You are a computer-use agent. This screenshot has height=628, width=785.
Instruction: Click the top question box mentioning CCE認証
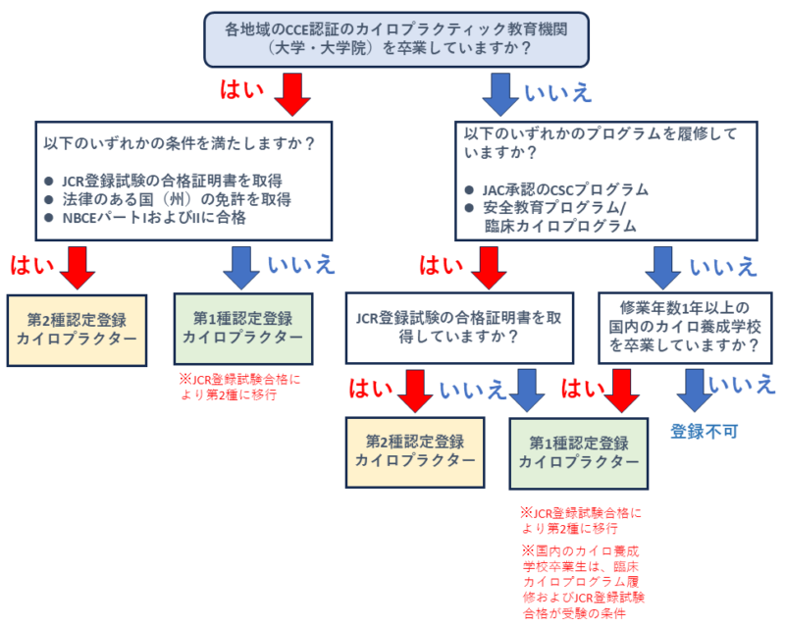pos(392,37)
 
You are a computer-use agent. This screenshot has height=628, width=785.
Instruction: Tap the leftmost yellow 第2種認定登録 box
pos(72,329)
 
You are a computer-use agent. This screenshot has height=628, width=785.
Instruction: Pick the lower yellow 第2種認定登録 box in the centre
pos(415,451)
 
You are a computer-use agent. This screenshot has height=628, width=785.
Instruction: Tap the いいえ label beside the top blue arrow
pos(558,93)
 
